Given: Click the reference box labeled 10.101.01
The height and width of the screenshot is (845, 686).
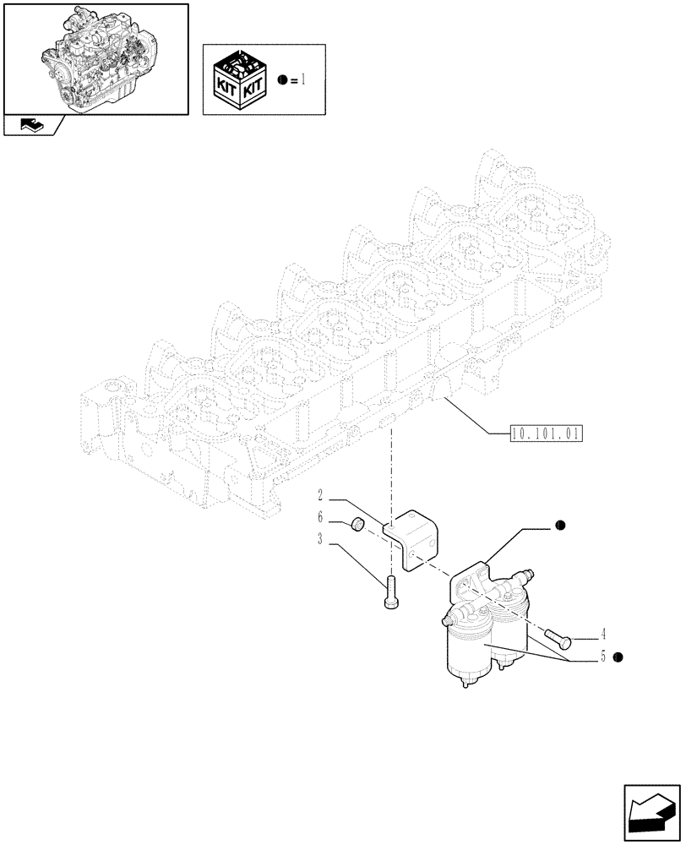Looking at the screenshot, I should click(x=547, y=434).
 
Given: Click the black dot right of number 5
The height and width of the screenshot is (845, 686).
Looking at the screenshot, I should click(x=618, y=657).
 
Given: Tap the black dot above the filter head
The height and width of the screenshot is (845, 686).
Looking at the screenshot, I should click(x=559, y=526).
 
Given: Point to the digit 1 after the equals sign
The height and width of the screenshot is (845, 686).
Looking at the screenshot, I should click(x=302, y=79).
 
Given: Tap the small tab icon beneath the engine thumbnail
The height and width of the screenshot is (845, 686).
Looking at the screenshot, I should click(x=31, y=127).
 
